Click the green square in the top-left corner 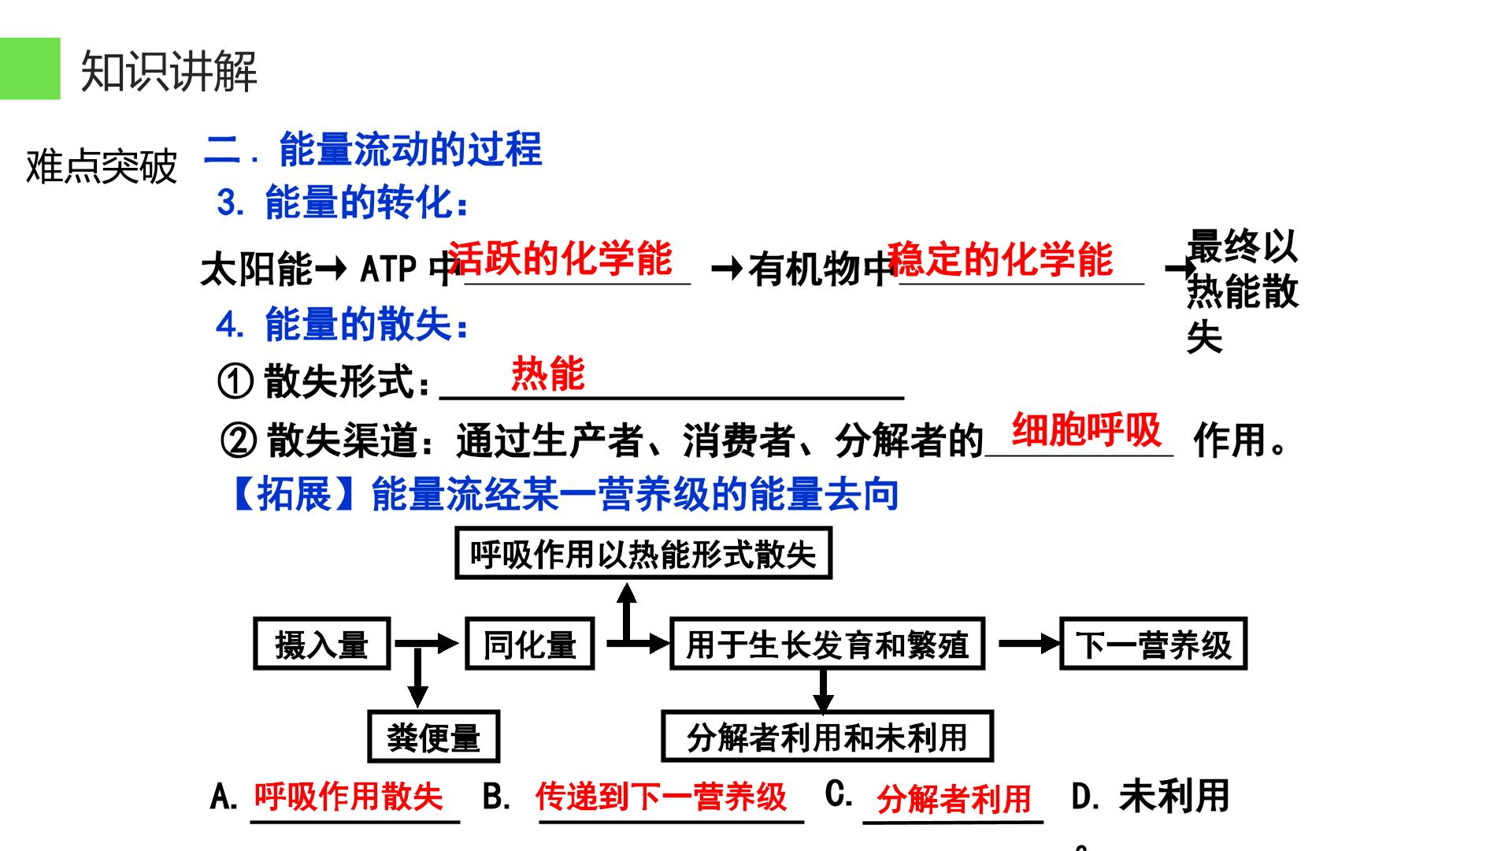pyautogui.click(x=30, y=69)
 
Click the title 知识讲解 pyautogui.click(x=169, y=72)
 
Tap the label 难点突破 pyautogui.click(x=102, y=166)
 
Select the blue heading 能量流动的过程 pyautogui.click(x=410, y=149)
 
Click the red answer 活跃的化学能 pyautogui.click(x=560, y=258)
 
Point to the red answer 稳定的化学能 pyautogui.click(x=1000, y=258)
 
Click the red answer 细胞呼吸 pyautogui.click(x=1087, y=429)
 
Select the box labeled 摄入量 pyautogui.click(x=322, y=644)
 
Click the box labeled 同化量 pyautogui.click(x=529, y=644)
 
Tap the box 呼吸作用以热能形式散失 pyautogui.click(x=643, y=554)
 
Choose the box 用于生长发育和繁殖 pyautogui.click(x=827, y=644)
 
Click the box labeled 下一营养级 pyautogui.click(x=1154, y=644)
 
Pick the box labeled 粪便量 pyautogui.click(x=434, y=737)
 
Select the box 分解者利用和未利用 pyautogui.click(x=827, y=737)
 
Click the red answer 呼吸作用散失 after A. pyautogui.click(x=348, y=796)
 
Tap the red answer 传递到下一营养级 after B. pyautogui.click(x=661, y=797)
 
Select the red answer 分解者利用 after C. pyautogui.click(x=954, y=799)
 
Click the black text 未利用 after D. pyautogui.click(x=1174, y=796)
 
